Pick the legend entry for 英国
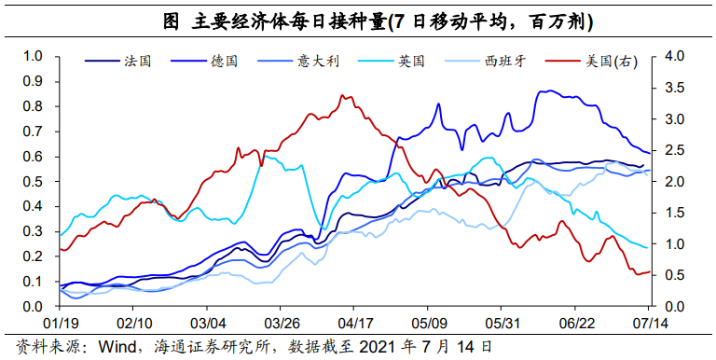coord(411,62)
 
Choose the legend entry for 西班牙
coord(504,62)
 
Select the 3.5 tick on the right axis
coord(674,89)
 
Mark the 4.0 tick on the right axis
coord(674,57)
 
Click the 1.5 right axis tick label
coord(674,214)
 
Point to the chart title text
coord(358,20)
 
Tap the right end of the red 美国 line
coord(649,271)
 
